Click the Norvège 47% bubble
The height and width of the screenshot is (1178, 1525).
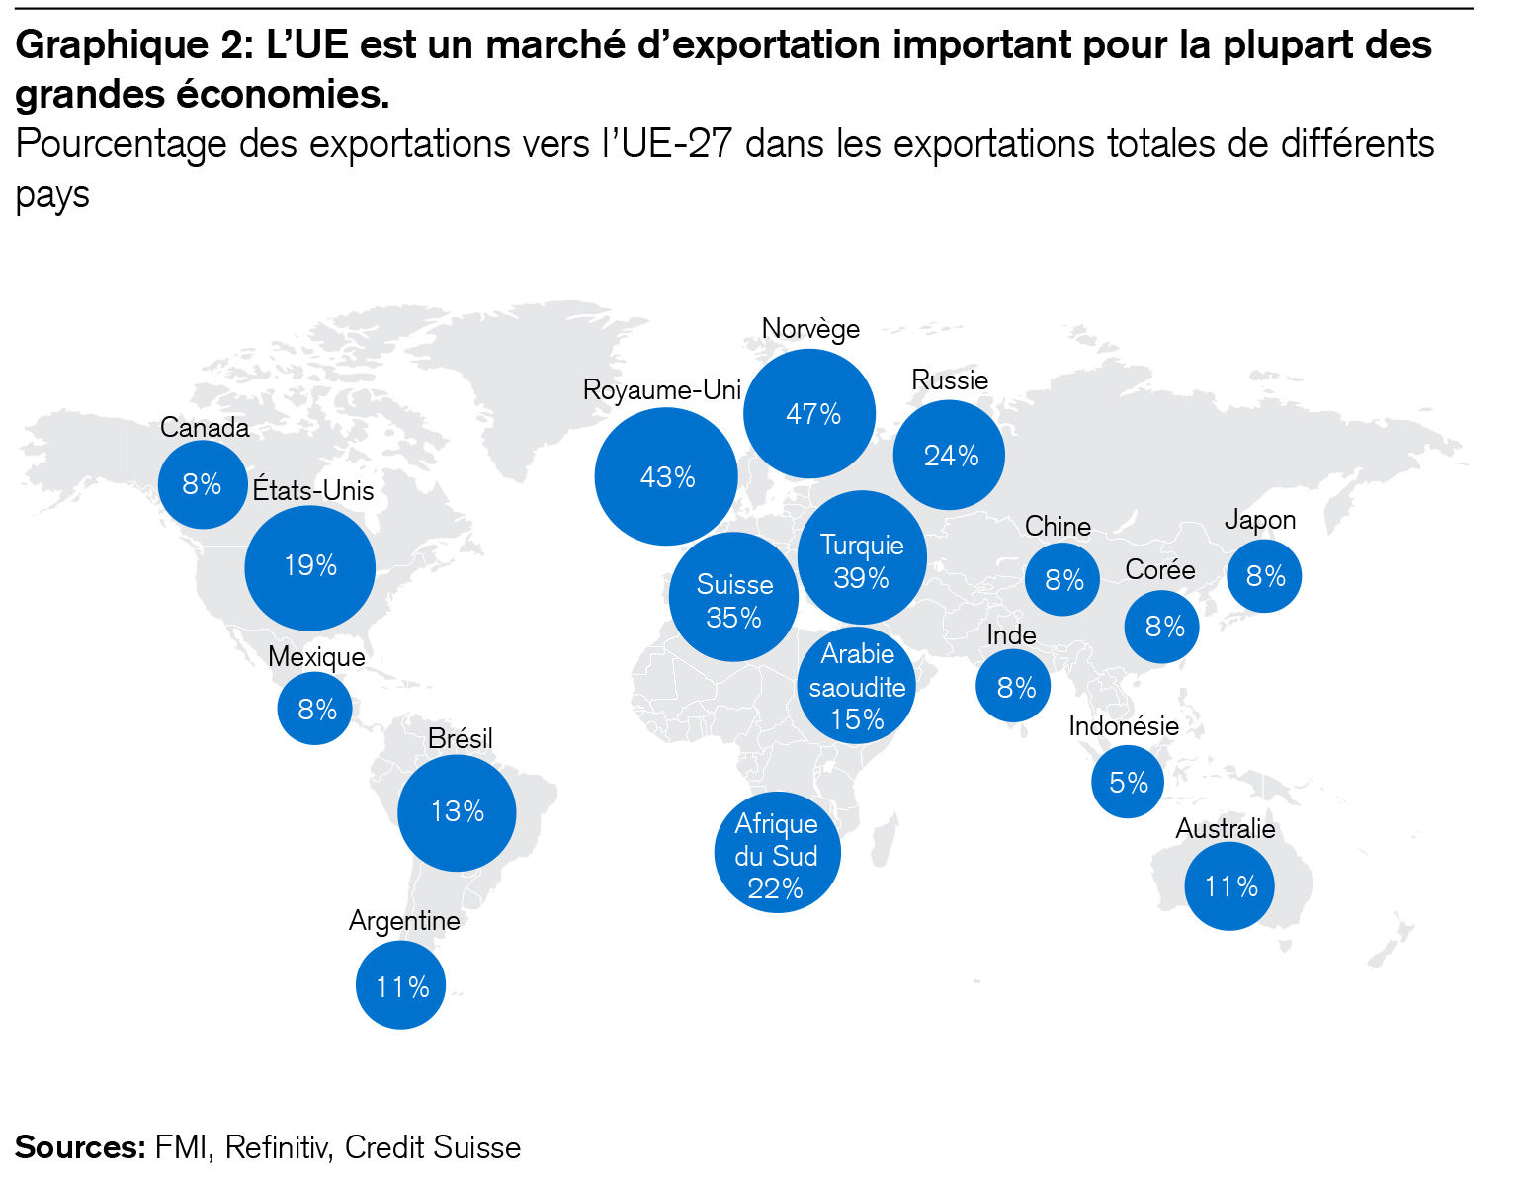point(809,413)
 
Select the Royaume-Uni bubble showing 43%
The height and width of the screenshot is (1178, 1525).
point(666,476)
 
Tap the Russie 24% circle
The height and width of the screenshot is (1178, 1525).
point(949,455)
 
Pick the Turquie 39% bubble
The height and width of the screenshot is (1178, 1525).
point(862,558)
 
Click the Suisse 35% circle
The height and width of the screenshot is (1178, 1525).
point(733,598)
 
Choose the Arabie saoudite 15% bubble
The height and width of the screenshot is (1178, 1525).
point(857,686)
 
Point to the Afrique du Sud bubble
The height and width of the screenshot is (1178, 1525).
point(777,853)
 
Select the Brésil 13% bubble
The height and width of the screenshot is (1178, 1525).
point(457,812)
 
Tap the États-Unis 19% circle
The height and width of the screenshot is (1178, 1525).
point(310,566)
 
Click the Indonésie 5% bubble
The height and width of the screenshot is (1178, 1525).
point(1128,782)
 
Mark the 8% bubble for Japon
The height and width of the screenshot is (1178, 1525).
point(1264,576)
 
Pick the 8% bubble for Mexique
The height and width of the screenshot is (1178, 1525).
point(315,709)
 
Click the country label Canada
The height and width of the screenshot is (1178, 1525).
point(205,428)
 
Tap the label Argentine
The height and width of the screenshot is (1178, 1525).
point(404,921)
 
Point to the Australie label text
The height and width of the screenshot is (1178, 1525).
point(1225,829)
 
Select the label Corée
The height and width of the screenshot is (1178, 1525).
point(1160,570)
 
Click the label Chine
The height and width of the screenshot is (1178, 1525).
point(1058,526)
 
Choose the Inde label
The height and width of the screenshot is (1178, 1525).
point(1011,635)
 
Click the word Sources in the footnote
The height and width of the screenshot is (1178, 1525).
point(80,1147)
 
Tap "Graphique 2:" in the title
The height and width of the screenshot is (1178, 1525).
point(133,44)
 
